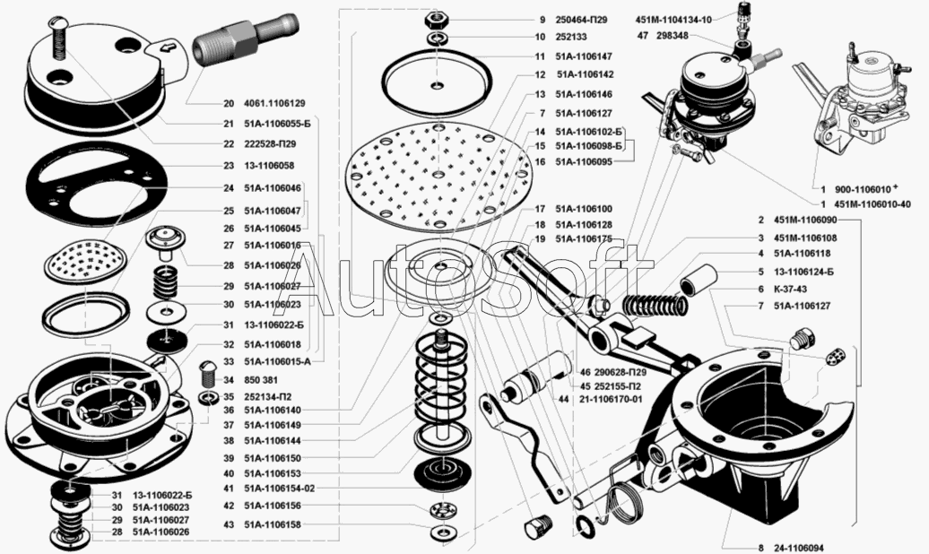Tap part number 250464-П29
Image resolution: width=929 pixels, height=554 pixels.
(x=588, y=19)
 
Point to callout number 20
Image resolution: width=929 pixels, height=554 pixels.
(x=229, y=102)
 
